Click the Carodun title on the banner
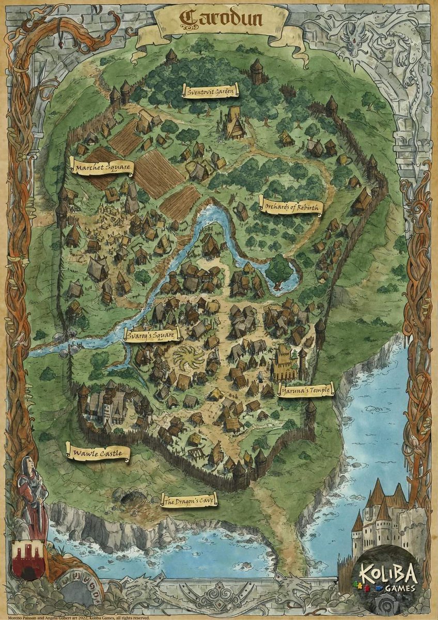(221, 19)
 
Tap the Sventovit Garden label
(210, 91)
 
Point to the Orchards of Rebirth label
(292, 207)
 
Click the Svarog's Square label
(153, 336)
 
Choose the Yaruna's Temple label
(305, 390)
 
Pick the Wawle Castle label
(98, 453)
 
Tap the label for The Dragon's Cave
(189, 500)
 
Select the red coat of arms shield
(29, 560)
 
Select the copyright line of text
(75, 617)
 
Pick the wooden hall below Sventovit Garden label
(234, 123)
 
